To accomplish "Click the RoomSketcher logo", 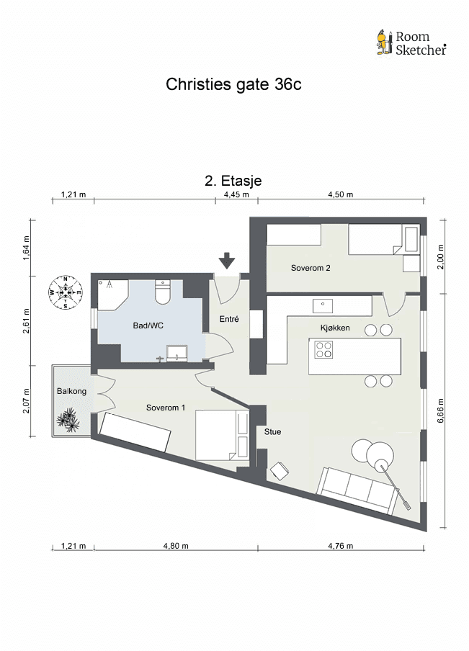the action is pos(411,42).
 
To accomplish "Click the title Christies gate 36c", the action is pos(233,84).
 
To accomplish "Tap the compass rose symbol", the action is pos(66,292).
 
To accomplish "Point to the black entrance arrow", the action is pos(227,261).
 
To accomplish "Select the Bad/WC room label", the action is pos(148,325).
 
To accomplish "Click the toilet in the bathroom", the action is pos(162,292).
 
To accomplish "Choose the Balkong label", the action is pos(71,391).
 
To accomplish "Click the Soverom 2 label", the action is pos(311,268).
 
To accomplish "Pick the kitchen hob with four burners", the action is pos(323,349).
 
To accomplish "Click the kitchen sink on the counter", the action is pos(323,306).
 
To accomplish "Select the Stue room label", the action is pos(272,432).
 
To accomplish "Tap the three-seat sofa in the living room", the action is pos(357,490).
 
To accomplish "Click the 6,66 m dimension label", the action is pos(441,411).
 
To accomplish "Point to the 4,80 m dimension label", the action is pos(176,546).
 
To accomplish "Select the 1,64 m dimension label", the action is pos(27,248).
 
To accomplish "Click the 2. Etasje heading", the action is pos(233,181).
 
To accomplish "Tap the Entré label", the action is pos(229,319).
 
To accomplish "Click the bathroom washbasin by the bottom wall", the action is pos(177,354).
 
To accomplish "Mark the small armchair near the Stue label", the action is pos(279,471).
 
